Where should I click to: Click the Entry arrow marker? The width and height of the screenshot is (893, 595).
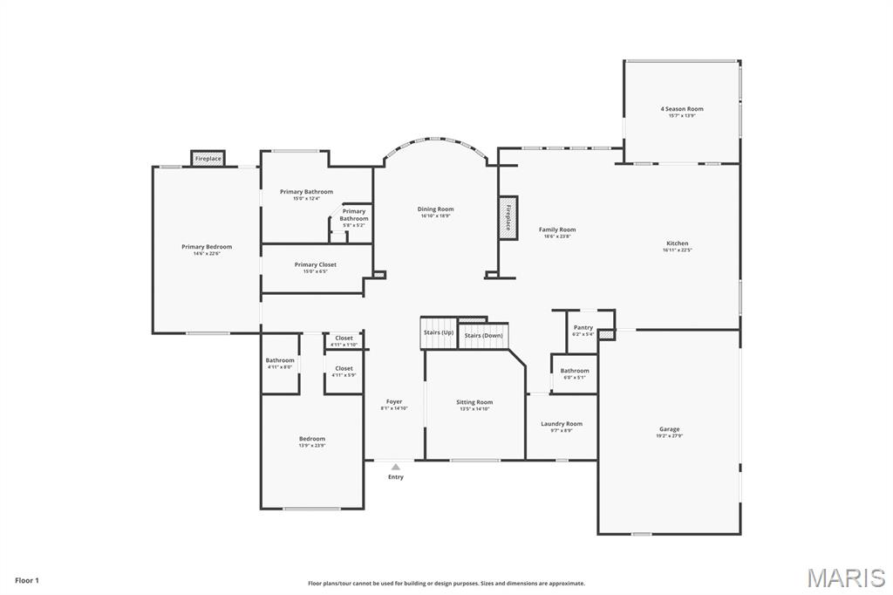[396, 467]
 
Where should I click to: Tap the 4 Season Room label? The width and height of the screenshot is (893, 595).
[681, 109]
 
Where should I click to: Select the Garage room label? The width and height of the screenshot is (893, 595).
[669, 429]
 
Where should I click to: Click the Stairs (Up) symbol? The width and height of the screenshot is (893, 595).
[439, 332]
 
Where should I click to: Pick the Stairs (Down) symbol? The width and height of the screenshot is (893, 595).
[483, 335]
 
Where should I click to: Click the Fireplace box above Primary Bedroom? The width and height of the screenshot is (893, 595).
[208, 159]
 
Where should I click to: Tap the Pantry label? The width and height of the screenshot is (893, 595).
[583, 327]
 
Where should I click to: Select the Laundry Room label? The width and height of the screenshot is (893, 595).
[562, 424]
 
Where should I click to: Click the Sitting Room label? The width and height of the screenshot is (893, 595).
[474, 402]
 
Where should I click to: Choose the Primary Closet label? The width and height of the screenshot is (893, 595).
[315, 264]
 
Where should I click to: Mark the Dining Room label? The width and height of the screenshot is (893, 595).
[435, 209]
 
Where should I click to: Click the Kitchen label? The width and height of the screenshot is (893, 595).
[677, 243]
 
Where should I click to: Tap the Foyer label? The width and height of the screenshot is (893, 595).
[393, 401]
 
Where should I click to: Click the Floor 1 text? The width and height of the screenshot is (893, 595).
[27, 580]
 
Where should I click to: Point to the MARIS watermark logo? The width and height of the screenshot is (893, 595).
[845, 578]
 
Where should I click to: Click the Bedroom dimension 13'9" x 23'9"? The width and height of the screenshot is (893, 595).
[312, 446]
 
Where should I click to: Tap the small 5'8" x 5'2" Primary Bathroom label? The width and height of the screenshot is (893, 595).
[353, 225]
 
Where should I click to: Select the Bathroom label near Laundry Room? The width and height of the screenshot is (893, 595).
[575, 371]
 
